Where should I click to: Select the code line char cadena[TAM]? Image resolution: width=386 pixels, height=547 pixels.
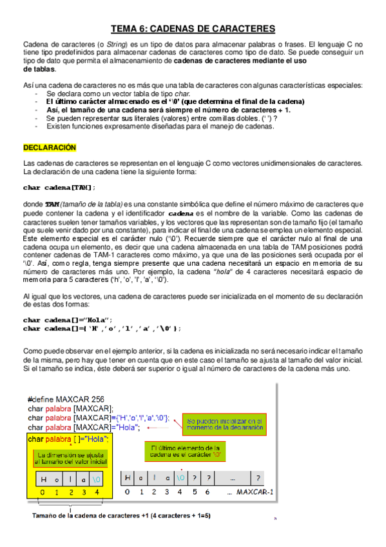point(59,187)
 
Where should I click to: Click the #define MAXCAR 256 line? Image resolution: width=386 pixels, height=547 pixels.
point(66,398)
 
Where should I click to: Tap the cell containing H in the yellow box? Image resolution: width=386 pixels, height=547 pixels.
point(43,479)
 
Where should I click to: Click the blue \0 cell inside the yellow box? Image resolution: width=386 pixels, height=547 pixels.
point(96,479)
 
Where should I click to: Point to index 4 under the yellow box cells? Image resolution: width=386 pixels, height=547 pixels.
point(96,493)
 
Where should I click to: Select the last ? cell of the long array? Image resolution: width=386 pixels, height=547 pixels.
point(258,478)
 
